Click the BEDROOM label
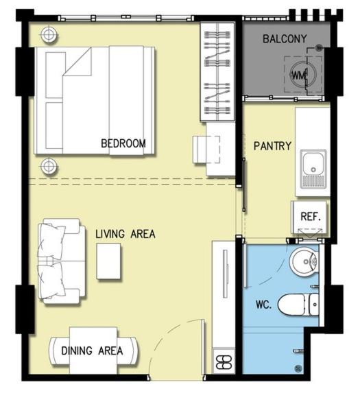[x=123, y=143]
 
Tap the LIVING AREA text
[x=125, y=234]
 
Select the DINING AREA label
[x=92, y=350]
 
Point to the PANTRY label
[x=272, y=146]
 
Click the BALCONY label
[x=285, y=38]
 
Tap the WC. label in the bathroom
[x=263, y=305]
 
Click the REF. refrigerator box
[x=309, y=217]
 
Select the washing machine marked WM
[x=303, y=75]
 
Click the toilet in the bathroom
[x=298, y=305]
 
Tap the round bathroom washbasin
[x=304, y=261]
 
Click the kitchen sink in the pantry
[x=313, y=169]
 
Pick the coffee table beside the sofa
[x=108, y=261]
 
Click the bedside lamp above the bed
[x=49, y=34]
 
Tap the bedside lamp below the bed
[x=49, y=166]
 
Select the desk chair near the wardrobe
[x=206, y=150]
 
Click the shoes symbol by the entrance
[x=224, y=363]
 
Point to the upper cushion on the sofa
[x=51, y=241]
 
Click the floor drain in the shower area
[x=298, y=369]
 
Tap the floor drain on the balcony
[x=320, y=47]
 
